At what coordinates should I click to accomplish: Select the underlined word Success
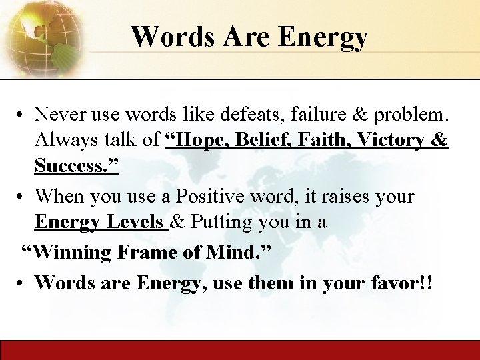(75, 165)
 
